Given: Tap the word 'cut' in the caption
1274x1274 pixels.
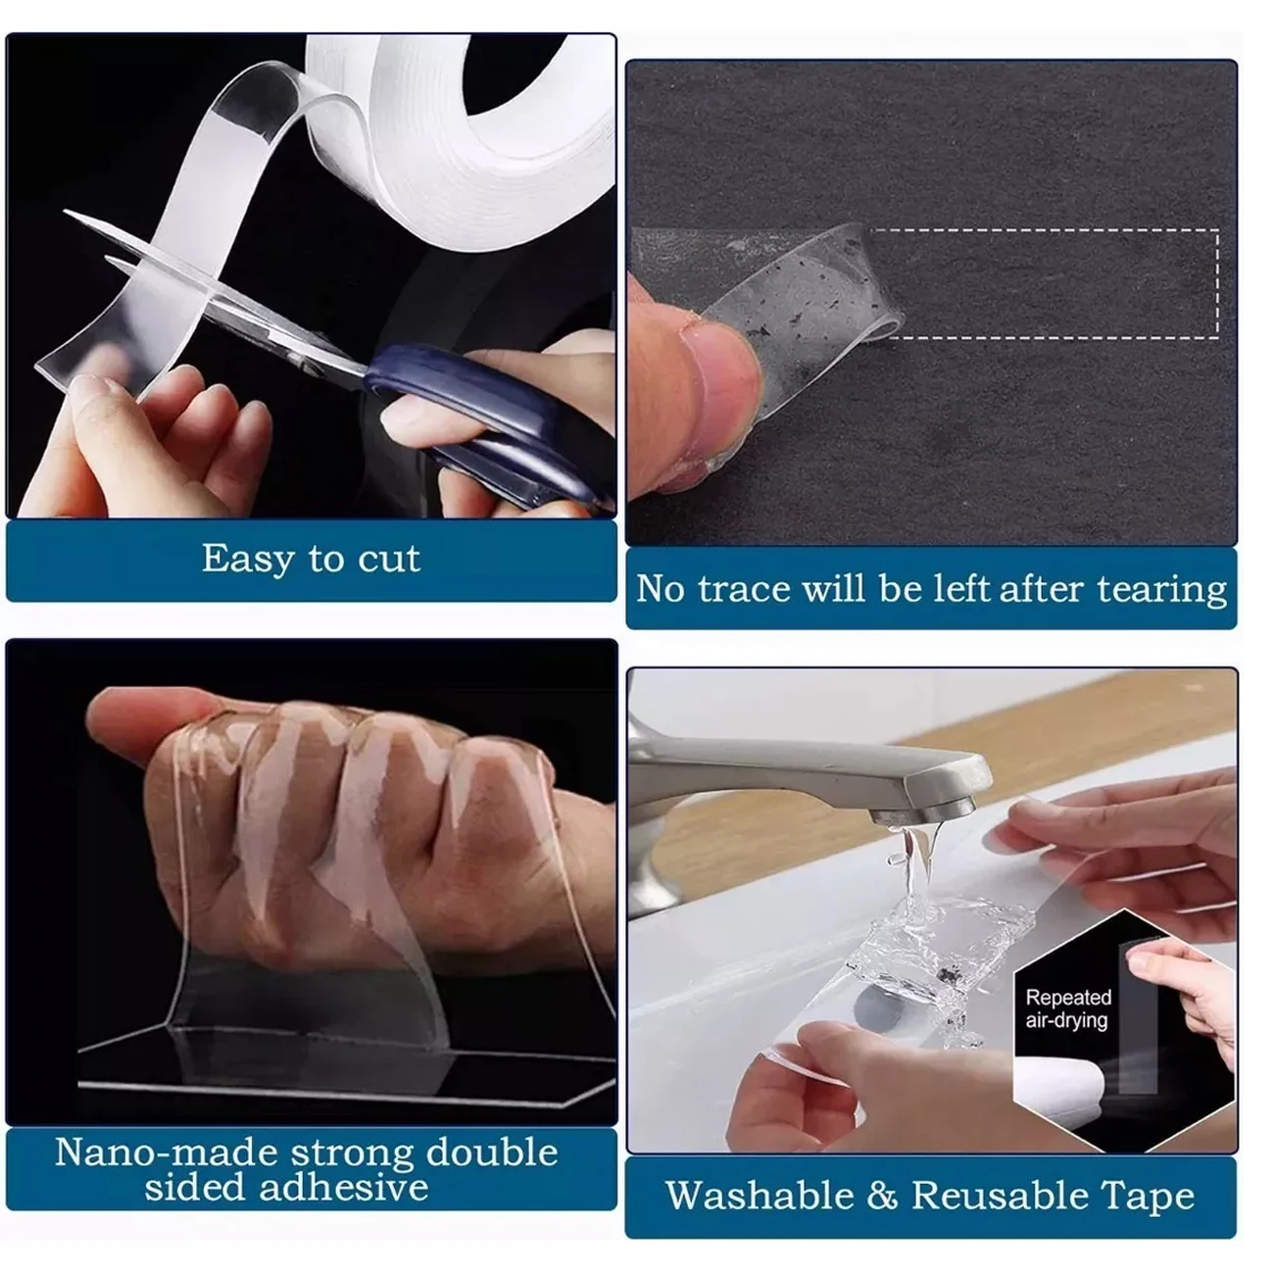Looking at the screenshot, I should point(389,560).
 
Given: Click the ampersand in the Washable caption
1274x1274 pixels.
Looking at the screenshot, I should point(882,1197).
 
